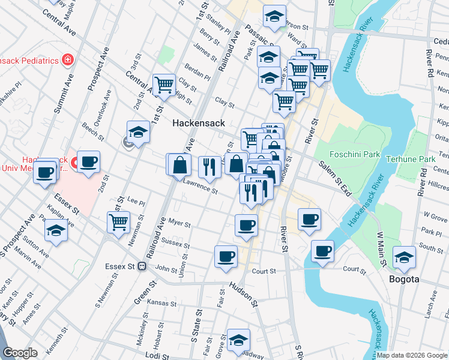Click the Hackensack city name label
198,123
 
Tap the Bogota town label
404,280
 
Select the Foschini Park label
355,154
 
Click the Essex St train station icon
142,266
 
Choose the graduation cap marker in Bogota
404,257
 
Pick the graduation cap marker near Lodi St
238,340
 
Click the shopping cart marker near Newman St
118,222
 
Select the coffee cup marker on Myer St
246,226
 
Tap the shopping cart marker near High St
164,85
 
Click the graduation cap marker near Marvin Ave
56,231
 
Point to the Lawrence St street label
200,188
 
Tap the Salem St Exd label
335,172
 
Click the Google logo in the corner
20,353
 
